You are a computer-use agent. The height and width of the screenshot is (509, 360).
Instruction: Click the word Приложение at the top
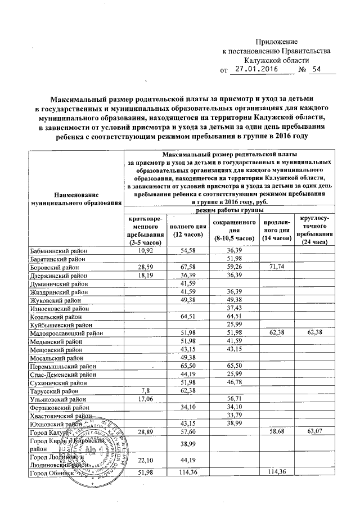(276, 42)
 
